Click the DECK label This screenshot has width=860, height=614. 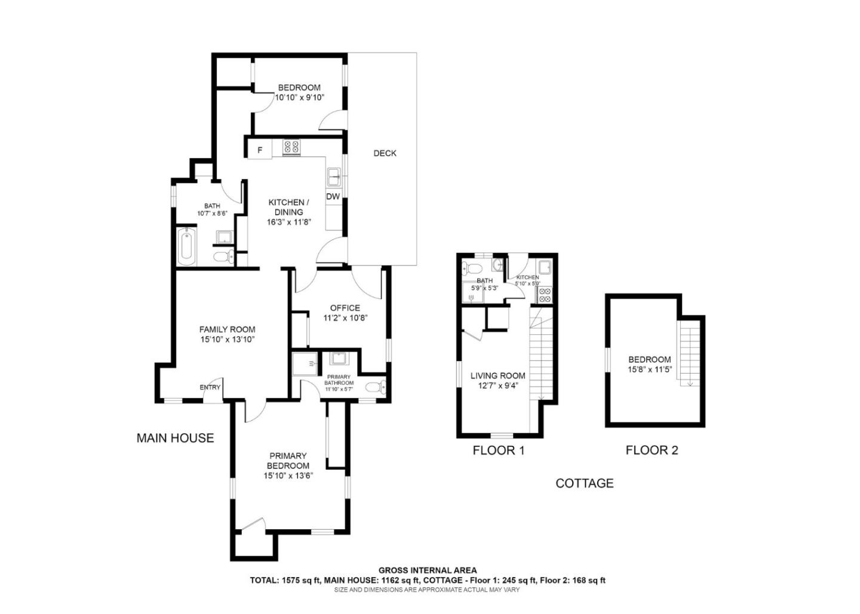[385, 153]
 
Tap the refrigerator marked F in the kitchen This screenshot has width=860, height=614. [260, 150]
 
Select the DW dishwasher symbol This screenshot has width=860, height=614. [333, 196]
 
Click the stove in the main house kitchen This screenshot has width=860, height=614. [291, 147]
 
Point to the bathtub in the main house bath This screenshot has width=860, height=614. [186, 246]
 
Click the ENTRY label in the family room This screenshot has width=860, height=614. [210, 387]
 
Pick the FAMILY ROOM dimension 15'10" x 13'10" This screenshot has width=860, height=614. [227, 340]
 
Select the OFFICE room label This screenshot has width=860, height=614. [345, 308]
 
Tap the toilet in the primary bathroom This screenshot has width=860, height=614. [375, 387]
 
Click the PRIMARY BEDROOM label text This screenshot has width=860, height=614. [288, 461]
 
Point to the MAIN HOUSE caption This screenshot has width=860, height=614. [175, 438]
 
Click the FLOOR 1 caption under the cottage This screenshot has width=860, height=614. [498, 451]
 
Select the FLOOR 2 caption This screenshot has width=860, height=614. [652, 451]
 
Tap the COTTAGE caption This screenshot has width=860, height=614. [584, 483]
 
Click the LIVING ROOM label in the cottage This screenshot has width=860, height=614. [497, 375]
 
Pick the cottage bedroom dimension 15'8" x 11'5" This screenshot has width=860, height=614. [650, 369]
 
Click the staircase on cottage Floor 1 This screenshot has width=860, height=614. [540, 358]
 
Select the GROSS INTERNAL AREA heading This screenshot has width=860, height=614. [428, 570]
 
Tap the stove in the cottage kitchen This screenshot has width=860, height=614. [544, 294]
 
